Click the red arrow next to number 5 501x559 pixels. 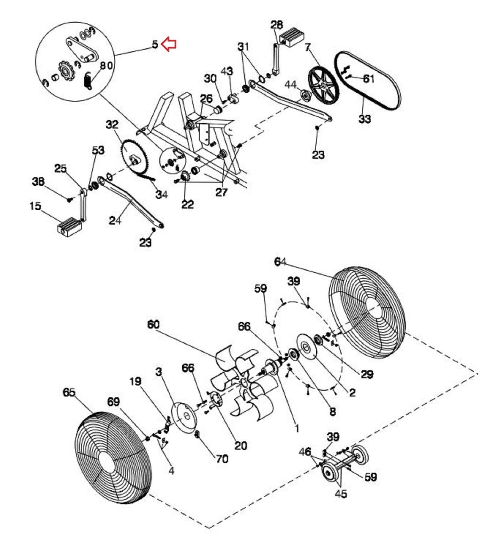coord(169,44)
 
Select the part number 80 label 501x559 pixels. coord(106,66)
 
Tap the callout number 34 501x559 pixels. coord(162,194)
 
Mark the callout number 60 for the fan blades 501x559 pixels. coord(153,325)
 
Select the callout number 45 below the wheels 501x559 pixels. coord(341,494)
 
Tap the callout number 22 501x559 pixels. coord(187,204)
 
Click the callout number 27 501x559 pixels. coord(221,192)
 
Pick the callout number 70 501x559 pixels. coord(222,458)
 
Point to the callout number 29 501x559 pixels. coord(367,374)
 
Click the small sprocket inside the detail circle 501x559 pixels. coord(65,73)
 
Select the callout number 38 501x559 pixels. coord(38,181)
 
